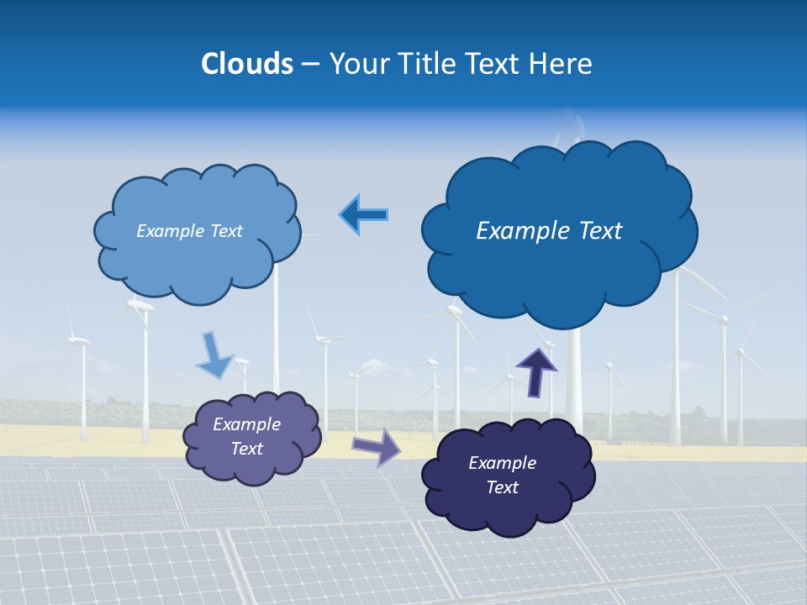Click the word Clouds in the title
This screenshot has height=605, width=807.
247,64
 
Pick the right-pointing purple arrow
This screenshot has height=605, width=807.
376,446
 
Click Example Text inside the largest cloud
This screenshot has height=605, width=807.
549,231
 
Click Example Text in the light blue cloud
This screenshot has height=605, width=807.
189,231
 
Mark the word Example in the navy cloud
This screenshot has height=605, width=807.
502,463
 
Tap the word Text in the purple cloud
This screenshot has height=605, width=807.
246,449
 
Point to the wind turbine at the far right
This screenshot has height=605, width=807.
740,387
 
